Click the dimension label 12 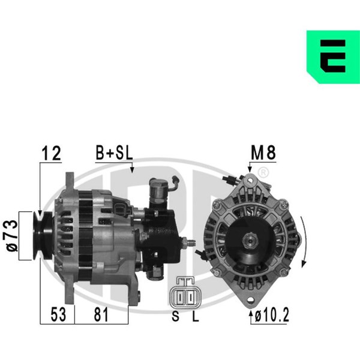[51, 153]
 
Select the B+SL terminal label [114, 153]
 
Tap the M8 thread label [263, 153]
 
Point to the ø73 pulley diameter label [11, 236]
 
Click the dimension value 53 [58, 314]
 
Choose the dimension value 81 [101, 314]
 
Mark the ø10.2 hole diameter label [272, 315]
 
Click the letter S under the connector [175, 316]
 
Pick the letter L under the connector [196, 316]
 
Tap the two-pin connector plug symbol [185, 293]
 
